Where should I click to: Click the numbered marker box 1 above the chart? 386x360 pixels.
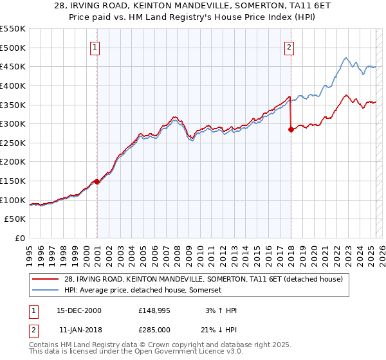click(x=95, y=47)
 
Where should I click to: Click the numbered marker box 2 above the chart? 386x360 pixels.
click(x=289, y=47)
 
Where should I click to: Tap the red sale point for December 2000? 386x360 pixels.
click(x=96, y=181)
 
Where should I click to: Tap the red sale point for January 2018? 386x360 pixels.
click(x=291, y=129)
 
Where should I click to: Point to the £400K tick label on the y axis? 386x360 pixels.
click(x=13, y=85)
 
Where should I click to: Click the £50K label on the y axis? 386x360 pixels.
click(x=15, y=219)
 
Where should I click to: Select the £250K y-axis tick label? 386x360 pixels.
click(x=13, y=143)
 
